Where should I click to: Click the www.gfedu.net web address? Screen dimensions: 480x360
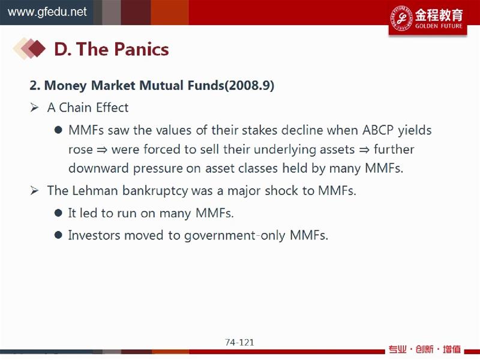click(47, 12)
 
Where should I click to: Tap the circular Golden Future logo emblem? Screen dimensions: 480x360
click(401, 19)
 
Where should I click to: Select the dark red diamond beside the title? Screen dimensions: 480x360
click(37, 49)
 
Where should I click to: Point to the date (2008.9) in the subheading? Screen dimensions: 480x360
click(249, 85)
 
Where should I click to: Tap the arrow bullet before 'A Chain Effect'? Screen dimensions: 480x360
click(34, 107)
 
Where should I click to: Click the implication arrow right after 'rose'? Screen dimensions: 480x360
click(102, 149)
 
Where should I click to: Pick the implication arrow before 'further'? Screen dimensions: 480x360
click(364, 149)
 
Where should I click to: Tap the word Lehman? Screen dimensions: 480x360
click(95, 190)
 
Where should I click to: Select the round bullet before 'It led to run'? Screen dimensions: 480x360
click(58, 213)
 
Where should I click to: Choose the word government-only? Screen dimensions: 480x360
click(235, 236)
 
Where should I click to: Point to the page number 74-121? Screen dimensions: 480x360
click(239, 342)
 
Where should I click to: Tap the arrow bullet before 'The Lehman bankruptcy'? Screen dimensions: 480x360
click(34, 190)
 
